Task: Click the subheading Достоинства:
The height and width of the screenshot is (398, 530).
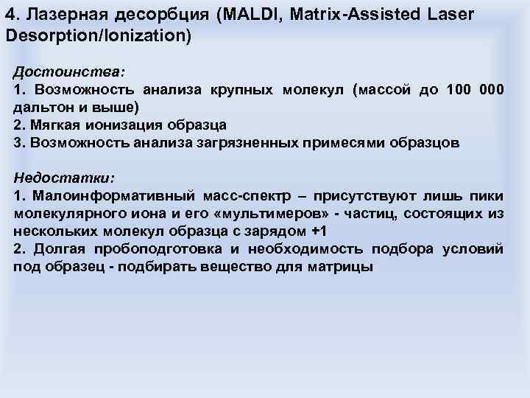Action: coord(69,73)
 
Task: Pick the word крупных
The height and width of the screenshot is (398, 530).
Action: coord(244,90)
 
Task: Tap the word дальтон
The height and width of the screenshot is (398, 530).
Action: coord(43,107)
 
